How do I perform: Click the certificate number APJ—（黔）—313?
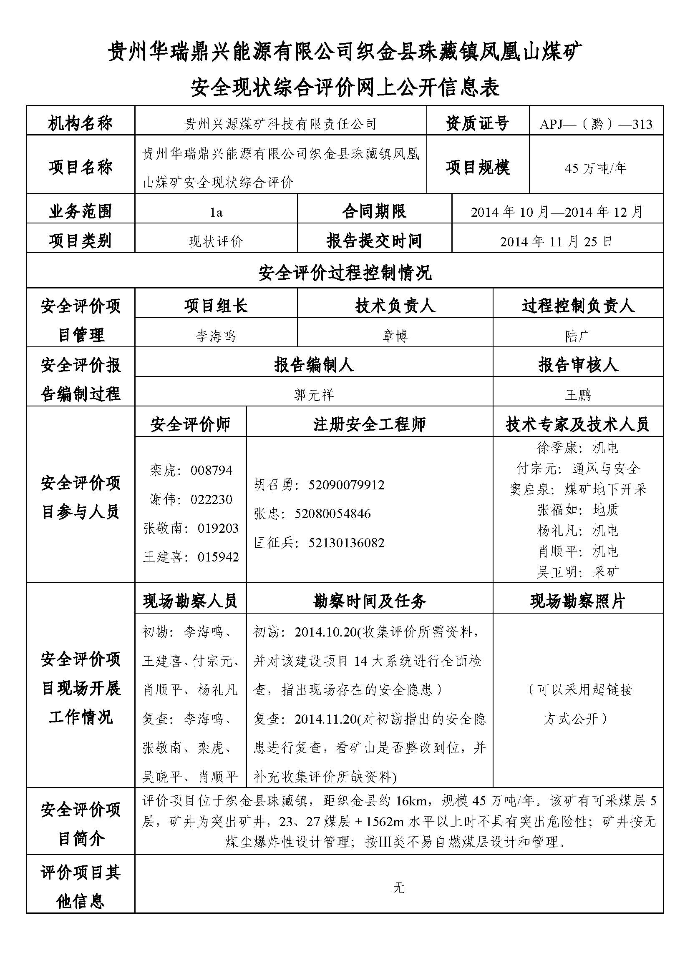click(x=596, y=124)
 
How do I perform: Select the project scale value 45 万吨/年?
click(x=596, y=168)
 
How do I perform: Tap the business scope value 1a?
click(x=216, y=212)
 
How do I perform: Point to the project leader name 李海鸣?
click(x=215, y=336)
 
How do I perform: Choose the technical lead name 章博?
click(x=395, y=336)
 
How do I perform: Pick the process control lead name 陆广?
click(x=578, y=336)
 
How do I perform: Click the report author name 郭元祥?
click(x=314, y=395)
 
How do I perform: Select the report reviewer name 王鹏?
click(x=578, y=395)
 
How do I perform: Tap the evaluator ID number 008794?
click(x=212, y=471)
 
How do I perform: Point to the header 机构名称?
click(x=80, y=123)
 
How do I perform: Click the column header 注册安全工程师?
click(x=369, y=424)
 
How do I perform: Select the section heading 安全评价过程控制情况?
click(x=345, y=273)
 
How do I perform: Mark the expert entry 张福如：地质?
click(x=578, y=509)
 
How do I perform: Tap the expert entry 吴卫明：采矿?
click(x=578, y=572)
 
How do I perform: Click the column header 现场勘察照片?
click(x=578, y=601)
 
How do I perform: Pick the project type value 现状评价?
click(x=216, y=242)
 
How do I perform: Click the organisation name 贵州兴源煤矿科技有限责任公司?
click(x=280, y=124)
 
